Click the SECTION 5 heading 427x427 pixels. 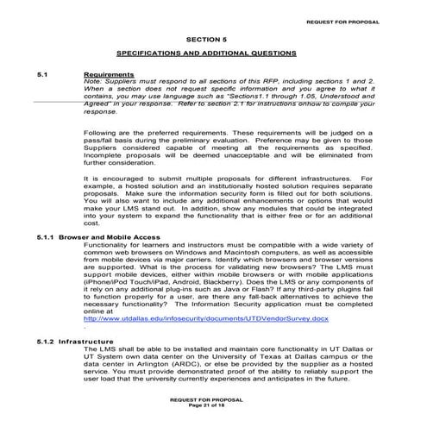click(x=207, y=39)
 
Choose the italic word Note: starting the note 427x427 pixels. click(x=93, y=82)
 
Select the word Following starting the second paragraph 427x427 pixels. click(x=101, y=131)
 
